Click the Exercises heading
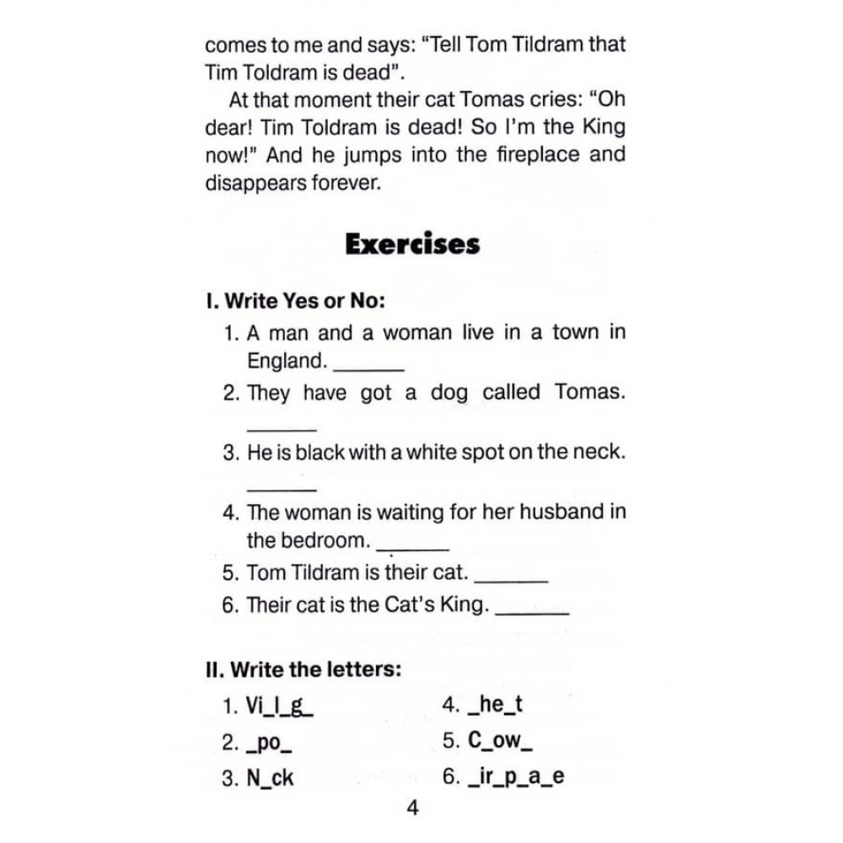click(x=412, y=244)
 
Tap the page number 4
click(x=412, y=808)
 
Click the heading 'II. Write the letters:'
click(x=303, y=670)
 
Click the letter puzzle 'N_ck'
click(x=270, y=778)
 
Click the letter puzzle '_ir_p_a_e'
click(x=514, y=778)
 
